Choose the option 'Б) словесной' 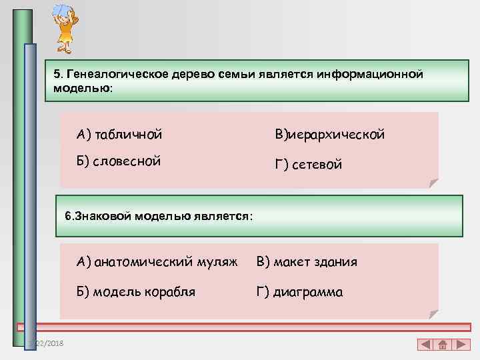119,161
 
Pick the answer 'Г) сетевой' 309,164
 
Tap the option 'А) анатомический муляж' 157,262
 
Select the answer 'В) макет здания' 307,262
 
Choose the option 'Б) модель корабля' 136,291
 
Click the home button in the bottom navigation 443,345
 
